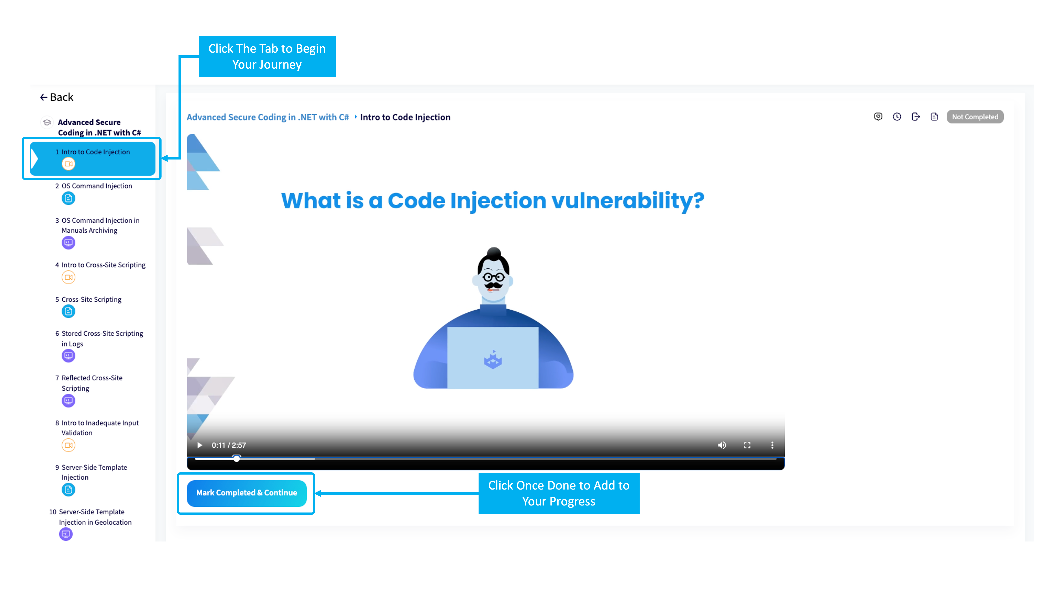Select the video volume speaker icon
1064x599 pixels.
[722, 445]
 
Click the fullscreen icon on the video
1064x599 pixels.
[747, 445]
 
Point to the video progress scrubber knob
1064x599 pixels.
[236, 458]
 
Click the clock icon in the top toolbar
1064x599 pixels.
[897, 117]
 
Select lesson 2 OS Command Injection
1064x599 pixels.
[97, 186]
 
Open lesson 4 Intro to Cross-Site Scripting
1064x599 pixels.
[100, 265]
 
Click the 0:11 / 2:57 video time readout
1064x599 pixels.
[229, 445]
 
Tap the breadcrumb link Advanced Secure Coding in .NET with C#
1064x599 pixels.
[268, 117]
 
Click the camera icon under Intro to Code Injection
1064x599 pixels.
[69, 164]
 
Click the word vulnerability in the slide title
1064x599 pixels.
[628, 201]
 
